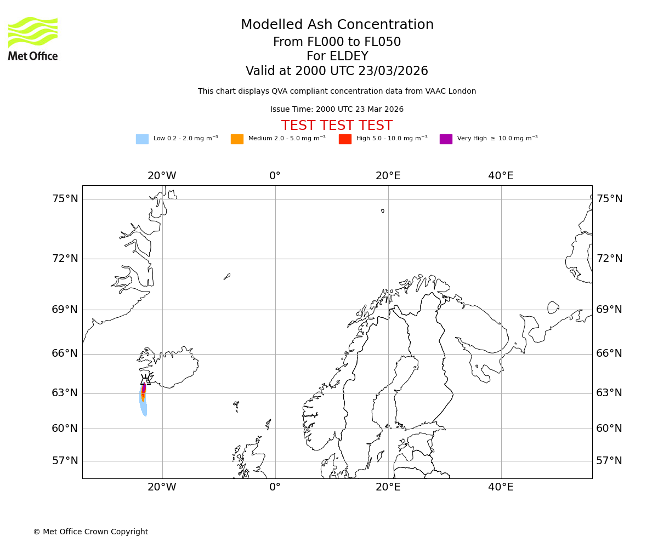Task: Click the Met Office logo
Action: pyautogui.click(x=33, y=38)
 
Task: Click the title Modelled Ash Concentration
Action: pyautogui.click(x=337, y=25)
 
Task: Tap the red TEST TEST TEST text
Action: pyautogui.click(x=337, y=126)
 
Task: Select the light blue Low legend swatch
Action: pyautogui.click(x=142, y=139)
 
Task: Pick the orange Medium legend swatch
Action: pyautogui.click(x=237, y=139)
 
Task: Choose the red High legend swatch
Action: pyautogui.click(x=345, y=139)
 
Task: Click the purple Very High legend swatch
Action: pyautogui.click(x=446, y=139)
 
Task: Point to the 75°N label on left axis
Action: pyautogui.click(x=65, y=199)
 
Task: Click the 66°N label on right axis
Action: pyautogui.click(x=609, y=353)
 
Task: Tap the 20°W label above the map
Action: pyautogui.click(x=162, y=176)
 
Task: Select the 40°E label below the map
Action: pyautogui.click(x=501, y=487)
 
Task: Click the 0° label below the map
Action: pyautogui.click(x=275, y=487)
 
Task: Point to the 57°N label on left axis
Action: pyautogui.click(x=65, y=461)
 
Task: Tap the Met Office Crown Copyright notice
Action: pyautogui.click(x=90, y=532)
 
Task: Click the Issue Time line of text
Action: pyautogui.click(x=337, y=110)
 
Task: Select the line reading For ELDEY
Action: pyautogui.click(x=337, y=56)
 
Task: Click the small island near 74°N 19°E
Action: pyautogui.click(x=383, y=211)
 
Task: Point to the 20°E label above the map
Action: pyautogui.click(x=388, y=176)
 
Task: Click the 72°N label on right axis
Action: pyautogui.click(x=609, y=259)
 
